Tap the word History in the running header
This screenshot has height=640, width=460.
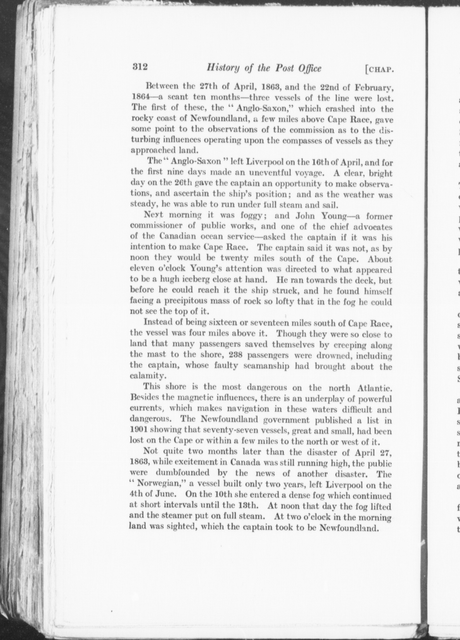click(x=221, y=68)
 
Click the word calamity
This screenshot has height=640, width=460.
click(x=145, y=376)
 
